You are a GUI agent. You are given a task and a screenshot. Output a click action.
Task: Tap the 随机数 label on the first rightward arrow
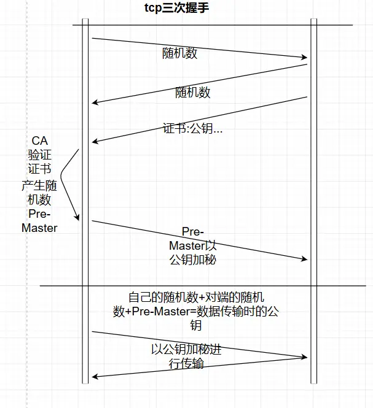click(180, 53)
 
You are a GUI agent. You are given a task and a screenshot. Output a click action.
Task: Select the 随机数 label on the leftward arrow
click(193, 93)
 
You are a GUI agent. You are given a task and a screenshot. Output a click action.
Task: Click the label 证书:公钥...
click(192, 129)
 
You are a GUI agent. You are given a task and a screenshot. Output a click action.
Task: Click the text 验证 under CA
click(40, 155)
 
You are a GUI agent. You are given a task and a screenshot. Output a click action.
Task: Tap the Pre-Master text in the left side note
click(40, 221)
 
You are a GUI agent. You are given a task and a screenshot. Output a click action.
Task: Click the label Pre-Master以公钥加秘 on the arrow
click(192, 245)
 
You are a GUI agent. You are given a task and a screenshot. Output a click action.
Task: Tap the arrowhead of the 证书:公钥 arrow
click(95, 142)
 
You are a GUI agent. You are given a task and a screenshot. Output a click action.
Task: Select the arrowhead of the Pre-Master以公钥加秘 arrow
click(304, 260)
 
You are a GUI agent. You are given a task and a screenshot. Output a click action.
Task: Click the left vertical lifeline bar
click(85, 202)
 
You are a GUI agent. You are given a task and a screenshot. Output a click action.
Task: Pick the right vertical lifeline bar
click(313, 202)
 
